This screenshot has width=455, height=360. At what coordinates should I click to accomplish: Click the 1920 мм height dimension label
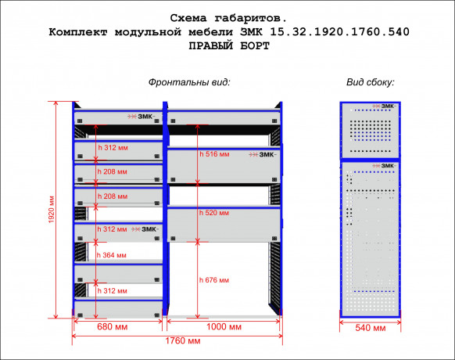(52, 210)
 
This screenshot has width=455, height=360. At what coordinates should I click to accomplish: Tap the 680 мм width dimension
(113, 327)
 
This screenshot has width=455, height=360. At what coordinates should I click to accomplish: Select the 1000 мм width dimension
(224, 327)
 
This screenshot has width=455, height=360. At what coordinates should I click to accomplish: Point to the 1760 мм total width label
(183, 340)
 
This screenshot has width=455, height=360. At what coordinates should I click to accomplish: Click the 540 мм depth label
(371, 328)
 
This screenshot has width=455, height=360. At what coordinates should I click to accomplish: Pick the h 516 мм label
(214, 154)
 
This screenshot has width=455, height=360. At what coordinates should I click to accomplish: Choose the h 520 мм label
(214, 213)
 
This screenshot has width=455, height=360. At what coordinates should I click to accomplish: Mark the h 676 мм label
(214, 280)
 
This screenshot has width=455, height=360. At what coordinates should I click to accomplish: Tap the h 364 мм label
(112, 255)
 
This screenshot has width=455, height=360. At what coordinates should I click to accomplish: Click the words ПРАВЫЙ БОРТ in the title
(229, 46)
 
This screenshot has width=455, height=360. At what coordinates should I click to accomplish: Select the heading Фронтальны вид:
(189, 82)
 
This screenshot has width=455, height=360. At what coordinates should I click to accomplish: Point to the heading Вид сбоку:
(371, 82)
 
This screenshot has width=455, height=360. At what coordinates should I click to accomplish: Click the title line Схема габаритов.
(228, 18)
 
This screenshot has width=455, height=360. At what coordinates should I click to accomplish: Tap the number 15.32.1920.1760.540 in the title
(340, 31)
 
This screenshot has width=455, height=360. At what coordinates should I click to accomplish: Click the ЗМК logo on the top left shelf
(142, 117)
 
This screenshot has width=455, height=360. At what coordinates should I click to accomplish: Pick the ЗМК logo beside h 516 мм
(263, 155)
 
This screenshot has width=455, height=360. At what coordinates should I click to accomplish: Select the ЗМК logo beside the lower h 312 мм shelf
(145, 229)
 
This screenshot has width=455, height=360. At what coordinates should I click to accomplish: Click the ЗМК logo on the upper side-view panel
(384, 106)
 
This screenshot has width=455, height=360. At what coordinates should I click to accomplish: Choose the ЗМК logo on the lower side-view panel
(384, 166)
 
